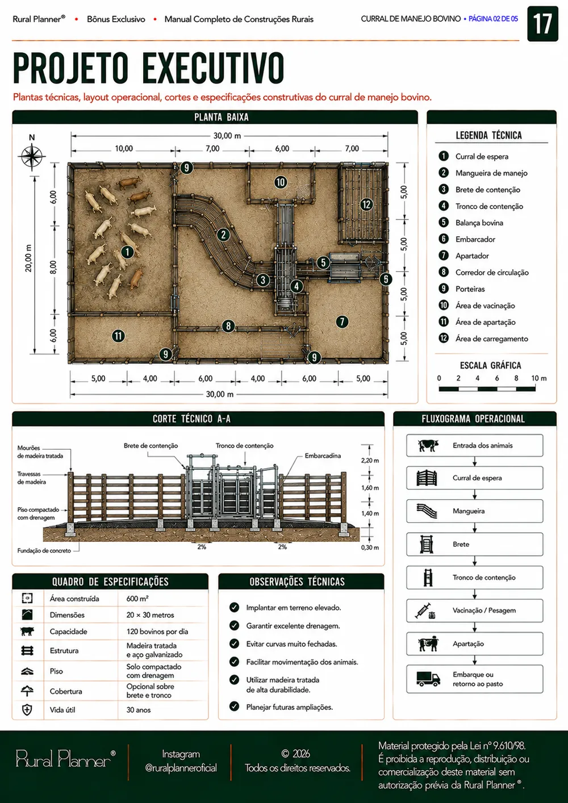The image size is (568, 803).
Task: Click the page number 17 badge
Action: click(x=542, y=24)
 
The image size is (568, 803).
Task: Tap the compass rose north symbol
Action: click(x=32, y=156)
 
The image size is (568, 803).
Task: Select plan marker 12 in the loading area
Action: click(x=366, y=204)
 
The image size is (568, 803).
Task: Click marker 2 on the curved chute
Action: click(x=223, y=235)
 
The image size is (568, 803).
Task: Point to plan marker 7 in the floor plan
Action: click(x=342, y=321)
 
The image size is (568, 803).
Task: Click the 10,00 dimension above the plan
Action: click(x=124, y=148)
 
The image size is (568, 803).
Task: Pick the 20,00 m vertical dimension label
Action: click(x=28, y=258)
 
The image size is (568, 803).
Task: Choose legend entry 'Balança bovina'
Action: click(x=479, y=223)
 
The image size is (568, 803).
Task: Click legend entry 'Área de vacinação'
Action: click(x=485, y=306)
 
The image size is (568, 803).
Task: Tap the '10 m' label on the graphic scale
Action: click(x=539, y=378)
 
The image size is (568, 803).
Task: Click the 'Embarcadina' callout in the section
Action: click(x=323, y=455)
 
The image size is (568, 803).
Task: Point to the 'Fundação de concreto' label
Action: click(x=44, y=551)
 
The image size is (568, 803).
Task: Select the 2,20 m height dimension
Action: click(x=370, y=461)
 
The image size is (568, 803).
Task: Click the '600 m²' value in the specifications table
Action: click(x=137, y=599)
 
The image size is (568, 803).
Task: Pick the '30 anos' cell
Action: click(x=139, y=709)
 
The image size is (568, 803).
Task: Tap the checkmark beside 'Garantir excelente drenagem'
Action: click(x=234, y=626)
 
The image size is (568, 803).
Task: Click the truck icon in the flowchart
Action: click(x=428, y=679)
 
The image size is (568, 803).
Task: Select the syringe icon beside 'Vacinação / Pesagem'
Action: click(x=423, y=610)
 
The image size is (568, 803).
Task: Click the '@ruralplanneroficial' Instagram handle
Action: click(x=181, y=768)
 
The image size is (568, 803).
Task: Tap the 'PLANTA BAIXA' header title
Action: click(x=222, y=117)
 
